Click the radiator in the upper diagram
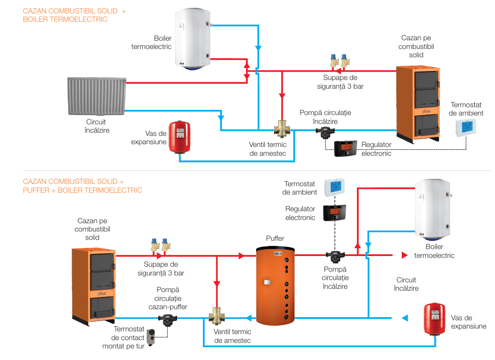coord(96,96)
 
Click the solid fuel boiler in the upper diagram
coord(416,104)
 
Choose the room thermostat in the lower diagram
coord(335,187)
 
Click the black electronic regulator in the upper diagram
coord(344,148)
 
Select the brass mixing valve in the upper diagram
coord(281,129)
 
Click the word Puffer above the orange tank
coord(275,238)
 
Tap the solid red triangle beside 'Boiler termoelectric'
coord(405,255)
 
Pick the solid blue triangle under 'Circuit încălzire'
coord(405,317)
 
